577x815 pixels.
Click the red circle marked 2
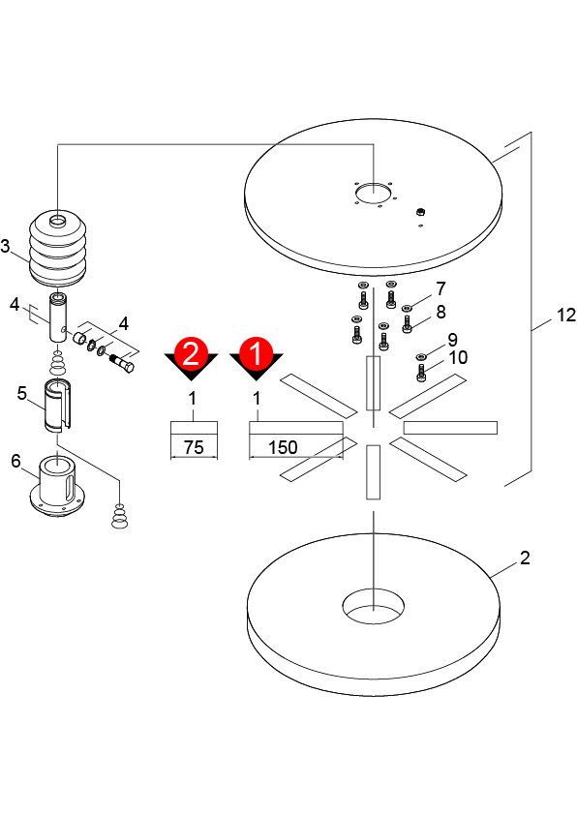coord(192,353)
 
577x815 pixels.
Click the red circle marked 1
coord(256,353)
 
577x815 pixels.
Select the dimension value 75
coord(194,447)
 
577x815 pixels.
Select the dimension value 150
coord(283,447)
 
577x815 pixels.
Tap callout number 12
coord(566,315)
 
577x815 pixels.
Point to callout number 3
coord(5,246)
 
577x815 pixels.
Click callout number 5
coord(22,393)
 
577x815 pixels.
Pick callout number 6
coord(16,461)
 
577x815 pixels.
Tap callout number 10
coord(458,357)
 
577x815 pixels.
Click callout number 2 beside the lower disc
coord(525,558)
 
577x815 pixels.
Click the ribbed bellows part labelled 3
coord(57,249)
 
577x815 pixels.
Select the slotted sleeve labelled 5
coord(58,406)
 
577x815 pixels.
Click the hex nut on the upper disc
coord(420,212)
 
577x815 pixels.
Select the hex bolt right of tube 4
coord(122,362)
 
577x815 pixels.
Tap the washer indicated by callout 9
coord(421,356)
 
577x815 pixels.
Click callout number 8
coord(440,312)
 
